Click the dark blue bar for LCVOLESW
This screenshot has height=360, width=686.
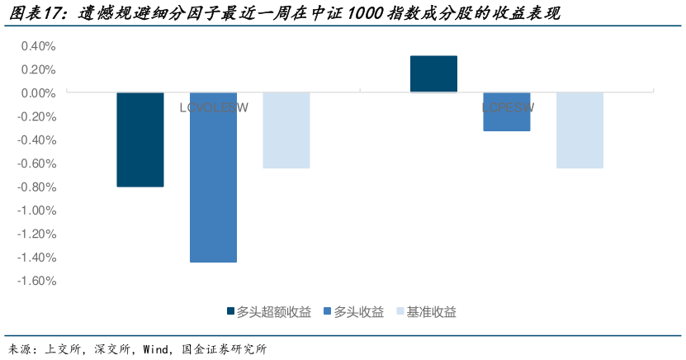coord(140,140)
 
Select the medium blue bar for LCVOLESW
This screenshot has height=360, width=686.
coord(213,177)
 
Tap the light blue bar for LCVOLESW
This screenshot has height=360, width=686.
coord(286,130)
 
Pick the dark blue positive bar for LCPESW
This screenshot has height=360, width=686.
coord(433,74)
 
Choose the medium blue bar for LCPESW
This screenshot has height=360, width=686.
coord(506,111)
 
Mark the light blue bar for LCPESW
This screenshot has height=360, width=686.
coord(580,130)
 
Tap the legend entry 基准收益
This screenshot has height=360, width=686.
coord(432,311)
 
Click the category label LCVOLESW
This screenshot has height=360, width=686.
coord(213,107)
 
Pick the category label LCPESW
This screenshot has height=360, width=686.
coord(507,107)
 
